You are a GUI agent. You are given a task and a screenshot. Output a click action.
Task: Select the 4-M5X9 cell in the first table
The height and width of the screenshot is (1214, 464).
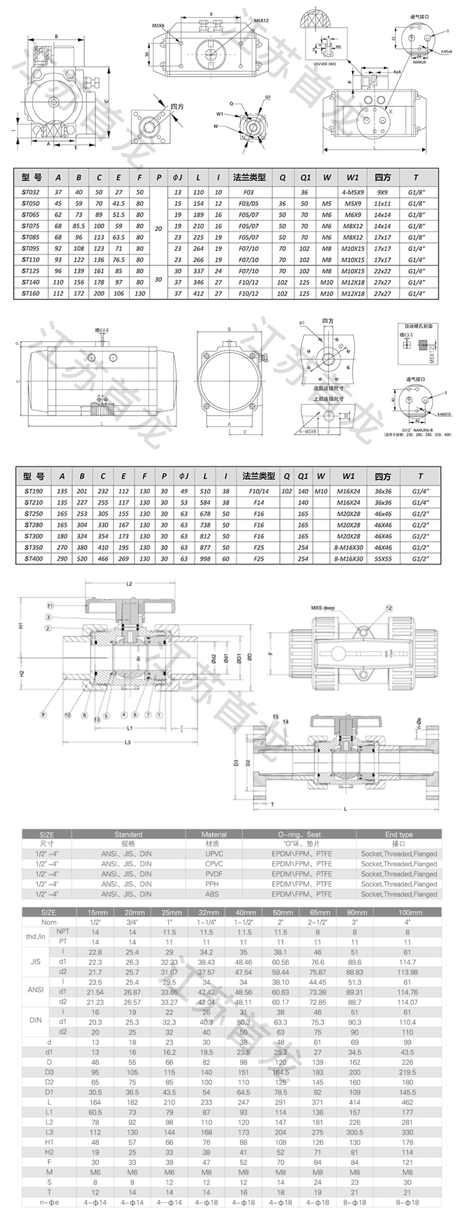pyautogui.click(x=353, y=192)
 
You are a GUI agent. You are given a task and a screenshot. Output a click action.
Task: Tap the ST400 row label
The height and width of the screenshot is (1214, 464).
pyautogui.click(x=35, y=558)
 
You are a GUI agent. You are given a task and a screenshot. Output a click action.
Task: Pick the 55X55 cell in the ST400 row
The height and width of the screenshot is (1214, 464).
pyautogui.click(x=382, y=558)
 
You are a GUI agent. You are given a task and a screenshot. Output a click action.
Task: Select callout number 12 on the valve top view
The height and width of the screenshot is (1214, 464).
pyautogui.click(x=389, y=609)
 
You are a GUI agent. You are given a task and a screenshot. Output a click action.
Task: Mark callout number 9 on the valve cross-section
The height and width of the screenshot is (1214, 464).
pyautogui.click(x=43, y=715)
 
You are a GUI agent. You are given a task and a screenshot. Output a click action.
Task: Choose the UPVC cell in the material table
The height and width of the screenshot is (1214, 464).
pyautogui.click(x=214, y=854)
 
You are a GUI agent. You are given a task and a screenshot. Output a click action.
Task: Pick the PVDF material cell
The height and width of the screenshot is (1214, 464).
pyautogui.click(x=214, y=874)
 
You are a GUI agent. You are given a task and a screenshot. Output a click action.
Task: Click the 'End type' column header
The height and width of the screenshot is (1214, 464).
pyautogui.click(x=399, y=834)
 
